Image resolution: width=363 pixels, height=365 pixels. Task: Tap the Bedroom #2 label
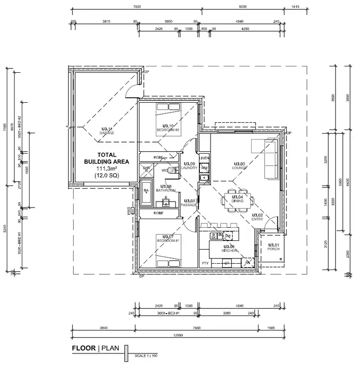click(167, 128)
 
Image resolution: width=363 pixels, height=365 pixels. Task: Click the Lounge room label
click(240, 166)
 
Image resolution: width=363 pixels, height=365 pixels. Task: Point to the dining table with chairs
click(237, 199)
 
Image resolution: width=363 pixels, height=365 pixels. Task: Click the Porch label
click(273, 247)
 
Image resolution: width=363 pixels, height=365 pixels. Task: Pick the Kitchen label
click(228, 249)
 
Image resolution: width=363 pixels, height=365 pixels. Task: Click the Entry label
click(257, 218)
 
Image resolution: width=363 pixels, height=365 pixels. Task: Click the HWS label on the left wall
click(129, 211)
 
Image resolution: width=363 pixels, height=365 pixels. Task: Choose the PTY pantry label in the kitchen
click(205, 263)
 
